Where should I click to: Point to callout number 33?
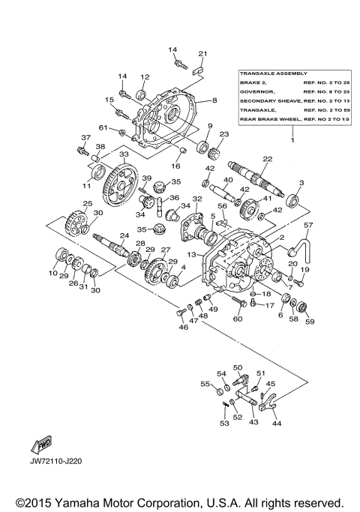(103, 154)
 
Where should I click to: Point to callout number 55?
(205, 383)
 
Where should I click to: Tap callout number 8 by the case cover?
(214, 100)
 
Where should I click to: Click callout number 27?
(166, 250)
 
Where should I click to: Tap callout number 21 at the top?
(202, 53)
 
